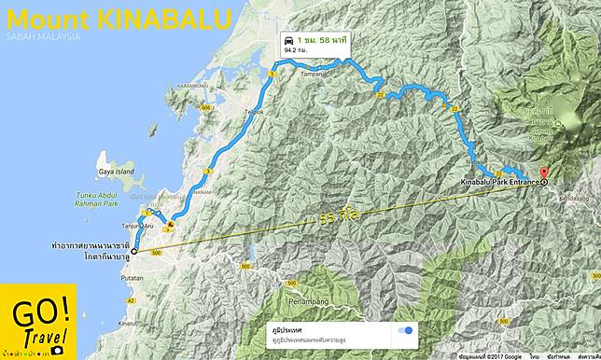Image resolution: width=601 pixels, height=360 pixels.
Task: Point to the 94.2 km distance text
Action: (x=297, y=53)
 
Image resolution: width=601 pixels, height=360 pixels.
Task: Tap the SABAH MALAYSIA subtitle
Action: (x=42, y=37)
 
